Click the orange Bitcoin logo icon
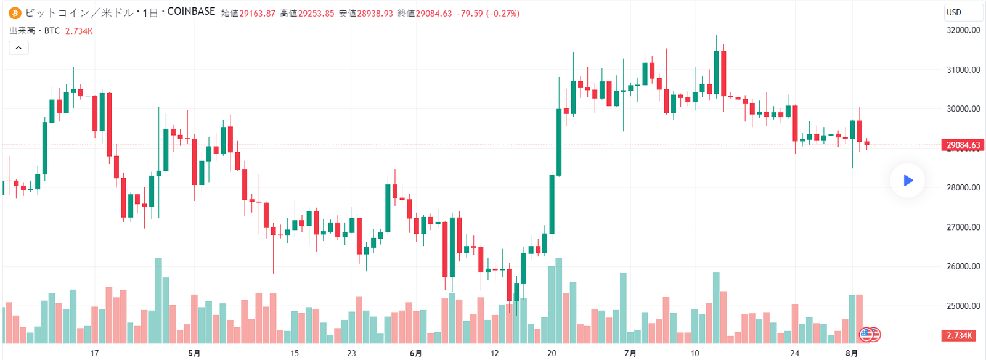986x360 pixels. click(x=15, y=13)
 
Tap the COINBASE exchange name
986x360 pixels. click(x=191, y=12)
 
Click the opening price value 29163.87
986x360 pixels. click(x=257, y=14)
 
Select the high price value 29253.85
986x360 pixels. click(x=316, y=14)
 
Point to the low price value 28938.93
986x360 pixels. click(x=375, y=14)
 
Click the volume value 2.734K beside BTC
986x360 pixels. click(x=79, y=31)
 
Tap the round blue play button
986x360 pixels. click(x=907, y=181)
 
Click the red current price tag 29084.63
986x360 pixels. click(x=963, y=145)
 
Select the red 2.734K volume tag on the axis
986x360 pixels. click(x=959, y=335)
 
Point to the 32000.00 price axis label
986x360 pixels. click(x=963, y=30)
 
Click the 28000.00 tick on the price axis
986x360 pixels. click(x=963, y=187)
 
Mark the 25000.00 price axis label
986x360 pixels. click(x=963, y=306)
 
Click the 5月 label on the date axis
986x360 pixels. click(x=194, y=353)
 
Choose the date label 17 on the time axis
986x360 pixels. click(x=94, y=353)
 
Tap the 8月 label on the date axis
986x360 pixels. click(x=851, y=353)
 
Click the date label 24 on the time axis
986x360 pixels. click(x=794, y=353)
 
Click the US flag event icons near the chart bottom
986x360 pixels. click(x=870, y=335)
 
